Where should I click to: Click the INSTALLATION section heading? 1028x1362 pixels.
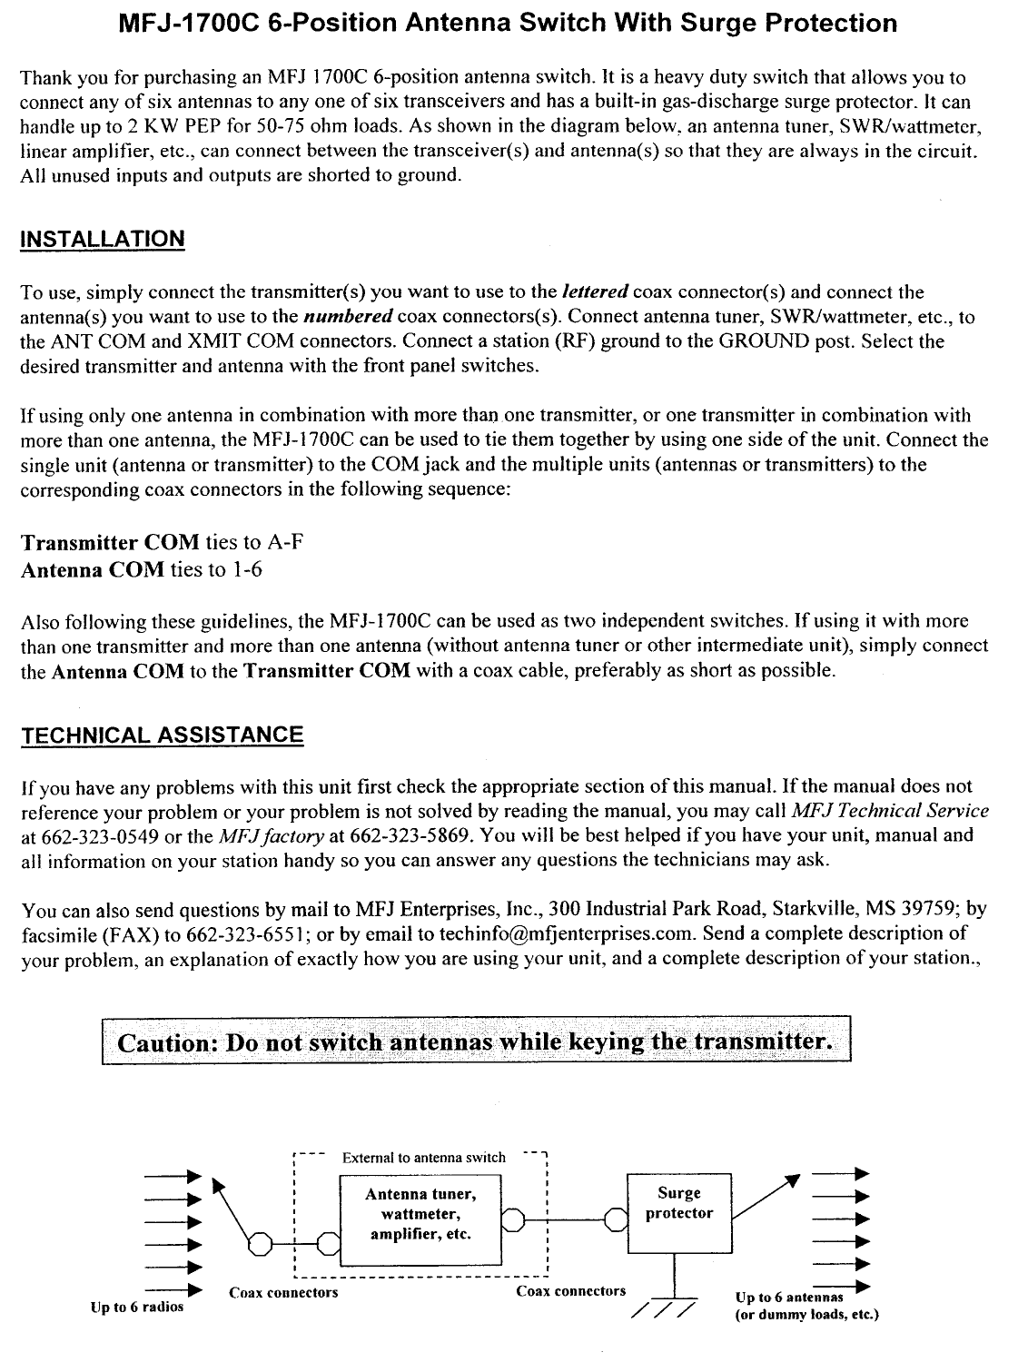(103, 240)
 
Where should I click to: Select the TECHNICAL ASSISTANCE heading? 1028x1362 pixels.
(162, 735)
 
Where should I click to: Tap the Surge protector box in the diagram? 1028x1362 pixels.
(678, 1213)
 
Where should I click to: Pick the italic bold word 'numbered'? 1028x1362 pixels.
(349, 317)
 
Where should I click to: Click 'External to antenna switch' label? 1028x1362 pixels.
(423, 1158)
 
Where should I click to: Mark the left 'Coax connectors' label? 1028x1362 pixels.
(283, 1292)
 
